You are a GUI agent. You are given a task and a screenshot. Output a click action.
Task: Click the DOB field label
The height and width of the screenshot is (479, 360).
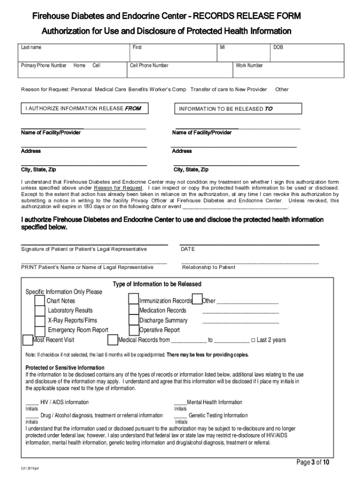[x=278, y=48]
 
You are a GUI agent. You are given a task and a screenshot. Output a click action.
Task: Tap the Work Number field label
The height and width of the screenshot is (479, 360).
[x=249, y=65]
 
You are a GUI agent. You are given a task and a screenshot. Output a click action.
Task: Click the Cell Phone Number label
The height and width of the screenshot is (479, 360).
[x=149, y=65]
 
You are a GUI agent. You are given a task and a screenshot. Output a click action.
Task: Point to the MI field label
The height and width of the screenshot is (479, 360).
[x=223, y=48]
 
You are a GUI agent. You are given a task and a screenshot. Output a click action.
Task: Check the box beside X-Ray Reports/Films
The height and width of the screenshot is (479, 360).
[x=40, y=320]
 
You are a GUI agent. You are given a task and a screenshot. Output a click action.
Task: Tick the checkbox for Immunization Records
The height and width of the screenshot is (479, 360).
[x=134, y=300]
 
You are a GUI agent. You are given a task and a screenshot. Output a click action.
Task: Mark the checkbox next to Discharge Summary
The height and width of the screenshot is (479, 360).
[x=134, y=320]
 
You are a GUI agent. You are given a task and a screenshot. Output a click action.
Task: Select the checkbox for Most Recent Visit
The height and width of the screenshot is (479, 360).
[x=28, y=340]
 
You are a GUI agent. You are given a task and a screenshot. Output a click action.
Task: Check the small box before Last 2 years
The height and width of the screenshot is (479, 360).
[x=253, y=340]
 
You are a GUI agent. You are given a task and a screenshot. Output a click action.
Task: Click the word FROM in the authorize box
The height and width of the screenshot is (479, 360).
[x=132, y=109]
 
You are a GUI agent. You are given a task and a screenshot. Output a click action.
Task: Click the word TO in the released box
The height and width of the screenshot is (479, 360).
[x=268, y=109]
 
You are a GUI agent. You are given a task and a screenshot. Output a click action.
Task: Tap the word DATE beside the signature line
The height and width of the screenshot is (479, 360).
[x=187, y=249]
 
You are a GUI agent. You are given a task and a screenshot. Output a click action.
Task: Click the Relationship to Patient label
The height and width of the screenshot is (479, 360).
[x=209, y=267]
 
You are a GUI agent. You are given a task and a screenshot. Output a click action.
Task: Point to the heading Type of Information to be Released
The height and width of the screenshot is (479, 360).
[x=157, y=284]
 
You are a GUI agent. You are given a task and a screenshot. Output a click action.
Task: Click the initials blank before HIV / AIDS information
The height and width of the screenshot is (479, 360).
[x=32, y=403]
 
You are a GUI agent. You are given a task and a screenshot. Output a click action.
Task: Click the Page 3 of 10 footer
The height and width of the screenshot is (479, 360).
[x=313, y=463]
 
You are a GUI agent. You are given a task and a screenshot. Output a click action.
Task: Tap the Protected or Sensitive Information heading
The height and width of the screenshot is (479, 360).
[x=65, y=368]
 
